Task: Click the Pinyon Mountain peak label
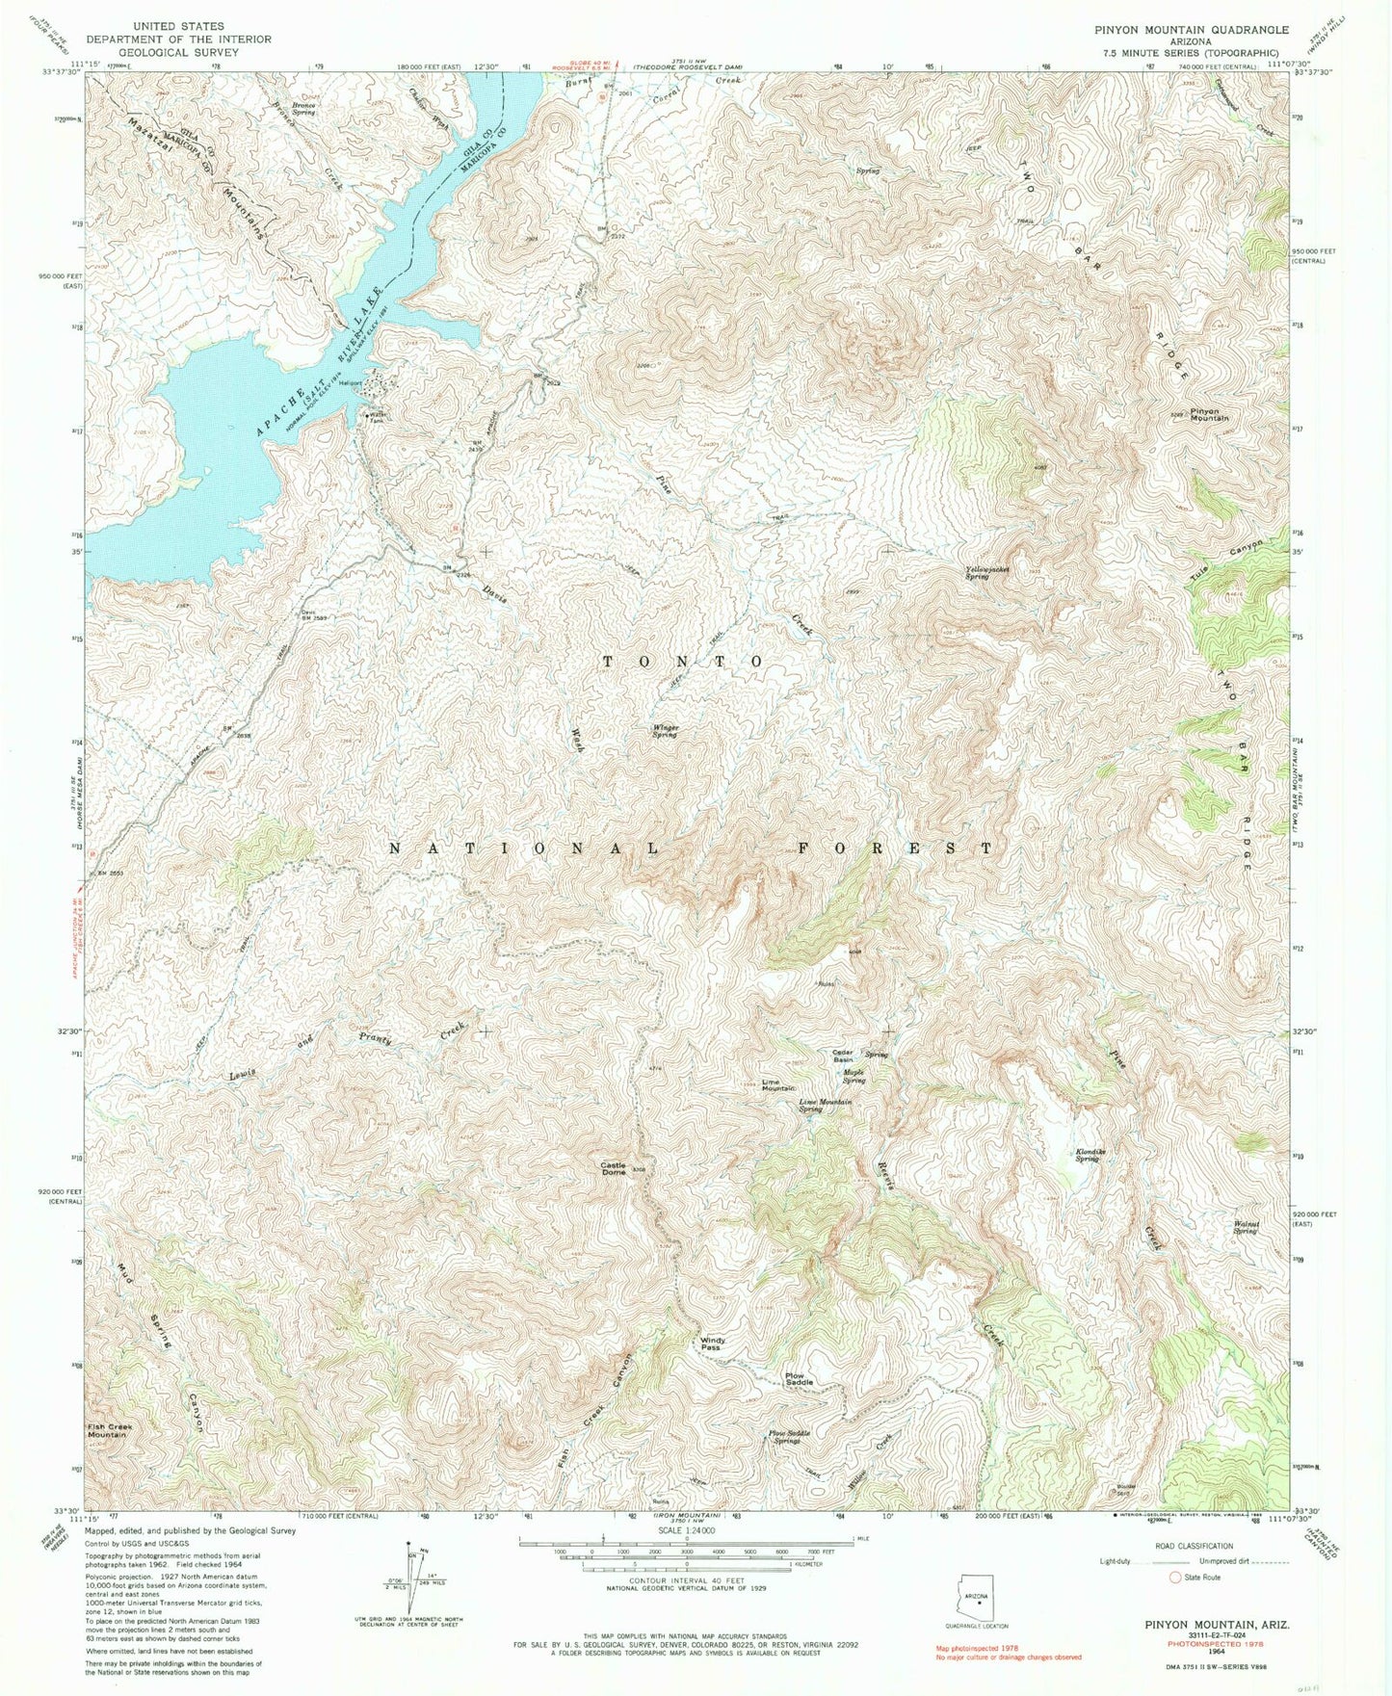[x=1209, y=415]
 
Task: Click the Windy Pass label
[x=711, y=1344]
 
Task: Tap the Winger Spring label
[x=665, y=731]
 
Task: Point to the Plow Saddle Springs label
[x=789, y=1437]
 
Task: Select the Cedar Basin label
[x=844, y=1057]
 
